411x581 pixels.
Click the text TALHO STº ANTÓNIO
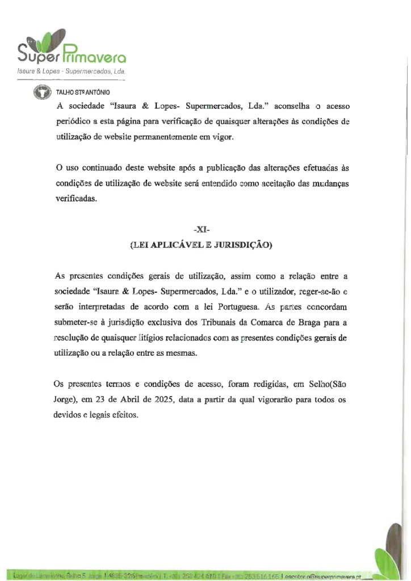point(83,92)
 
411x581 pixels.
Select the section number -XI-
point(201,230)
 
